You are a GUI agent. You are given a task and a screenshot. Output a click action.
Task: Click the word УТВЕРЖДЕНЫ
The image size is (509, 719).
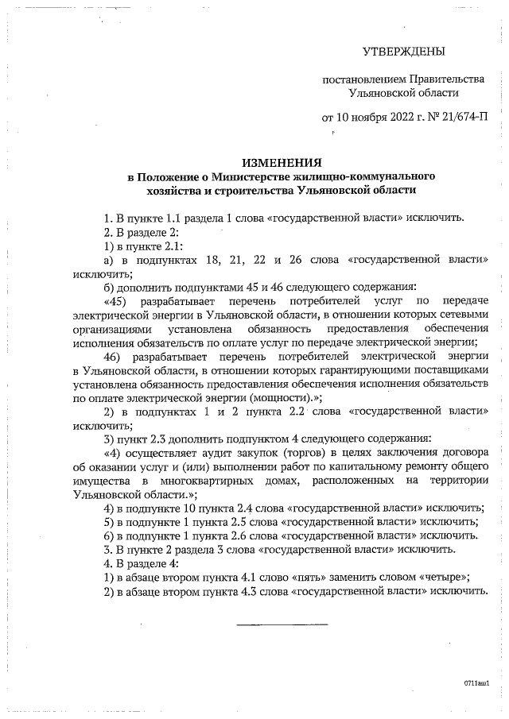pos(403,52)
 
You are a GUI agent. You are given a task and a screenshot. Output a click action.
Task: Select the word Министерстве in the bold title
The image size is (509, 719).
pos(256,176)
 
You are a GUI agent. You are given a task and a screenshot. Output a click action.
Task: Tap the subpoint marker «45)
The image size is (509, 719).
pos(117,302)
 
